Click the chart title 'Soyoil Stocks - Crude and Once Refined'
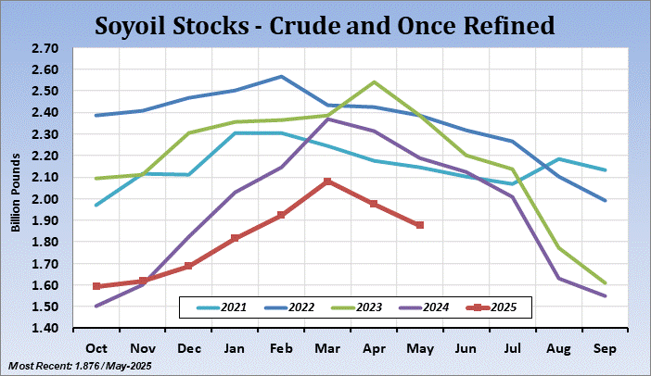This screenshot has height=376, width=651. tap(325, 24)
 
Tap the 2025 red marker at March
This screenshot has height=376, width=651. tap(326, 182)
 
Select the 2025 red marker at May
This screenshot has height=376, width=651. tap(420, 225)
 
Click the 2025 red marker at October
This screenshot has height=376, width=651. tap(96, 286)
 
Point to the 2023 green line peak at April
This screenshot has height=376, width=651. tap(374, 82)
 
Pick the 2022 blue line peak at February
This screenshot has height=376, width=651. tap(281, 77)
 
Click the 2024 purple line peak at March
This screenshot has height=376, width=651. tap(327, 119)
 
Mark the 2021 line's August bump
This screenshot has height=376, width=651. tap(558, 159)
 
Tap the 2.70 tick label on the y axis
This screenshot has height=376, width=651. tap(45, 48)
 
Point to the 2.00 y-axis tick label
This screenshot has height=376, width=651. tap(45, 199)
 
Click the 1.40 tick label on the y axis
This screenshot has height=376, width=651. tap(45, 329)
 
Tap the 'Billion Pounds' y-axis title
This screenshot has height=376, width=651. tap(16, 188)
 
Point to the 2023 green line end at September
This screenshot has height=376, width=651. tap(604, 282)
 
